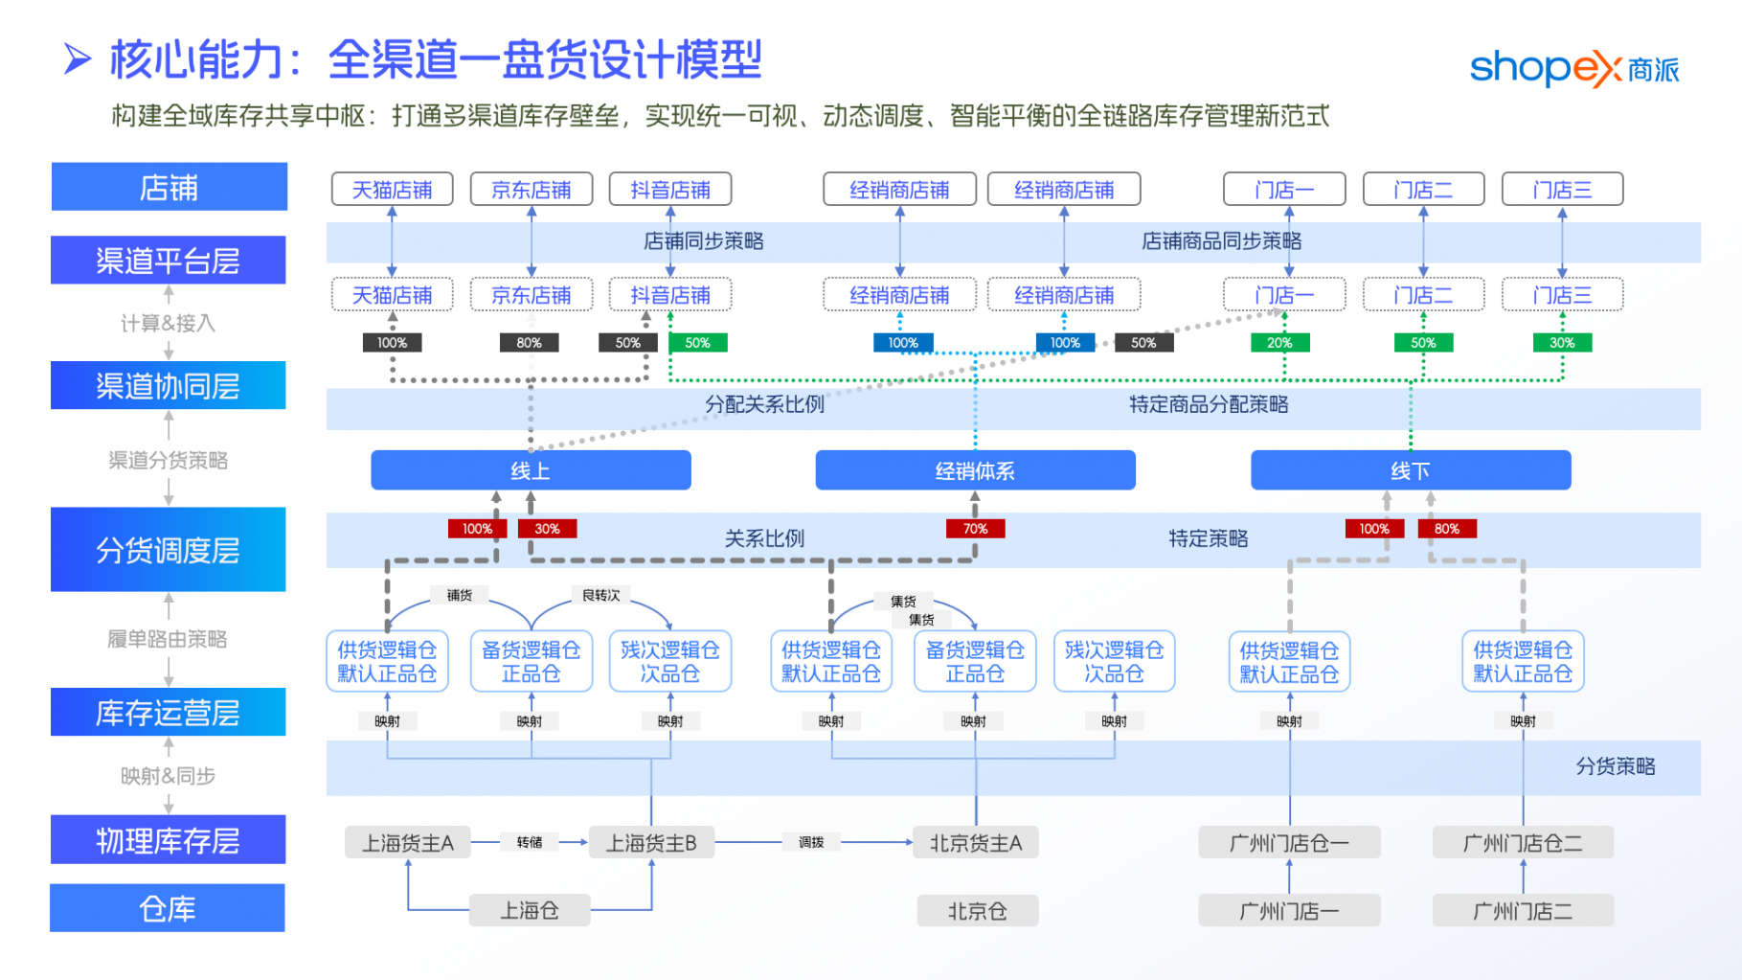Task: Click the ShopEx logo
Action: pos(1573,69)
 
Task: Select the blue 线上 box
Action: pos(531,470)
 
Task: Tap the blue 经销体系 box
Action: pos(975,470)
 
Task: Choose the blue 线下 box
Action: pos(1411,470)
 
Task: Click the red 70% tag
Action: pos(975,529)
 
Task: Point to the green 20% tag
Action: pos(1279,343)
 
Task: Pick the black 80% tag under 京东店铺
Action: pos(529,343)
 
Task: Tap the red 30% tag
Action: pos(547,529)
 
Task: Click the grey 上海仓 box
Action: pos(530,910)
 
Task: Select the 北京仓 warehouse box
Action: pos(977,910)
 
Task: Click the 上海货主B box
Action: pos(651,843)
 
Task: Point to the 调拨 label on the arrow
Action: pos(811,842)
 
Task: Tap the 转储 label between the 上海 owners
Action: pos(530,842)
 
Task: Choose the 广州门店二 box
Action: pos(1523,910)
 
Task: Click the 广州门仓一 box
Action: pos(1289,843)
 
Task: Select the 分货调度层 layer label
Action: pos(168,550)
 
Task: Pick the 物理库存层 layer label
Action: pos(168,840)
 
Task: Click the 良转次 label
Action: pos(600,596)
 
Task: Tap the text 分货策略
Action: pos(1616,766)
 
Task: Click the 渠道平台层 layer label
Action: pos(168,261)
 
